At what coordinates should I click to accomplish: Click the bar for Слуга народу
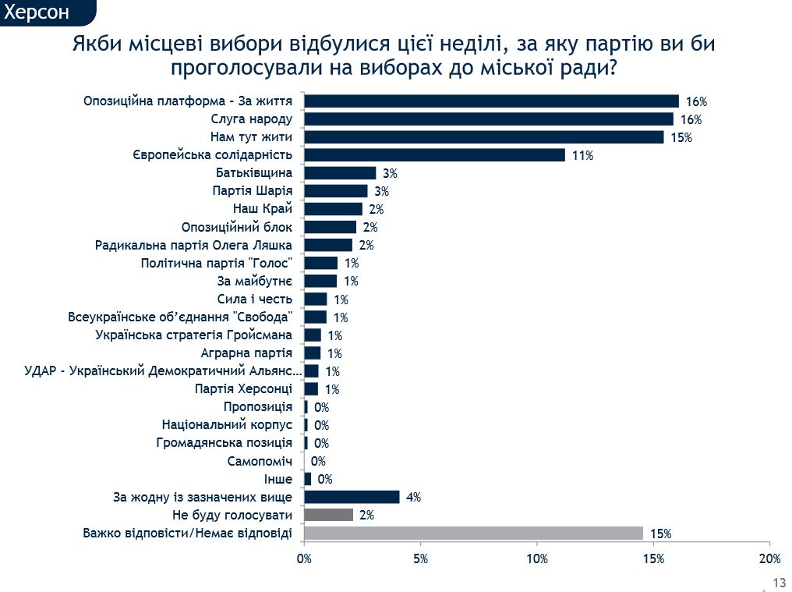[489, 119]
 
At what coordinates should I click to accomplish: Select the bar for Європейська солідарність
[434, 155]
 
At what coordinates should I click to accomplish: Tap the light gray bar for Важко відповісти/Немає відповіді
[473, 534]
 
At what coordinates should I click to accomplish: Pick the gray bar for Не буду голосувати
[328, 516]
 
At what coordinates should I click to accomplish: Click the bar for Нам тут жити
[483, 137]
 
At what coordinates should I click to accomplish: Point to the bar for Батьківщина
[340, 173]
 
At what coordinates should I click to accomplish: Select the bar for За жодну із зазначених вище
[352, 497]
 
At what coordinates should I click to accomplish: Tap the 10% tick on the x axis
[536, 558]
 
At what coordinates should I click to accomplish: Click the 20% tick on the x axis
[769, 558]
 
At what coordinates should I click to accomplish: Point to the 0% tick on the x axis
[304, 558]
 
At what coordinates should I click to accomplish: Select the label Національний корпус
[227, 425]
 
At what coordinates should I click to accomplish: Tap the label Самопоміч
[260, 461]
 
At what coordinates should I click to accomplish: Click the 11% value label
[582, 156]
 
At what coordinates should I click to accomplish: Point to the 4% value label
[413, 498]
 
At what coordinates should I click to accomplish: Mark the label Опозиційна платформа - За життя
[188, 101]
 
